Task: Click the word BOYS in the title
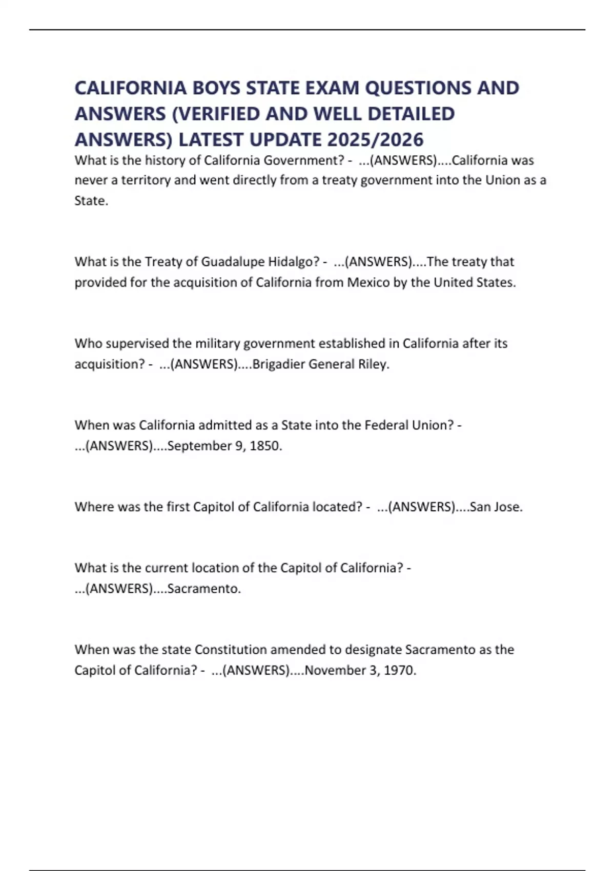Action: coord(216,88)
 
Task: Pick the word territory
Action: coord(145,180)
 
